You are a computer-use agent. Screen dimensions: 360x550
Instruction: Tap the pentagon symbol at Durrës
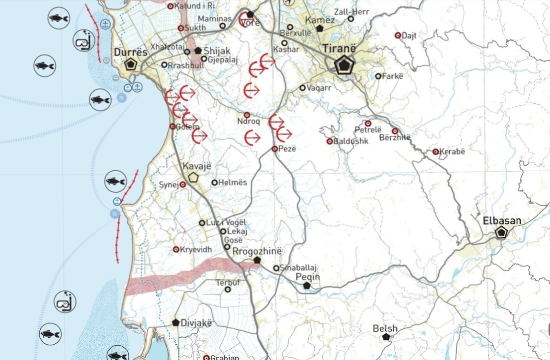click(x=130, y=64)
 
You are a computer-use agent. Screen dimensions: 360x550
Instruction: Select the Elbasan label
click(x=501, y=221)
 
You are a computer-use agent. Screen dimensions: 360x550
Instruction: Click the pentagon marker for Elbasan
click(x=501, y=233)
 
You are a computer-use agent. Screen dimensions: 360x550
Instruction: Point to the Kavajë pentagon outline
click(x=193, y=178)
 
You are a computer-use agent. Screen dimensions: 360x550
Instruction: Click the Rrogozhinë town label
click(x=258, y=251)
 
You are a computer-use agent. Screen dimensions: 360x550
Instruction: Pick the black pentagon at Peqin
click(x=307, y=285)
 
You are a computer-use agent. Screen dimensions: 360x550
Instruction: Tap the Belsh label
click(x=385, y=329)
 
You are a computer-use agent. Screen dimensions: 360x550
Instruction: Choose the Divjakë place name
click(x=196, y=323)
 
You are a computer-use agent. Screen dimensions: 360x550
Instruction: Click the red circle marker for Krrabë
click(x=435, y=151)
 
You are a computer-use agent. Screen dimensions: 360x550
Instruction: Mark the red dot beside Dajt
click(x=398, y=35)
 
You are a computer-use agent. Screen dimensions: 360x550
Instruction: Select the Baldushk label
click(x=351, y=141)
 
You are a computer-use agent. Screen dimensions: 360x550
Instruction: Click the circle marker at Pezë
click(x=275, y=149)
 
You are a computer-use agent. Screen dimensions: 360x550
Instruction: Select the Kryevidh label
click(x=196, y=249)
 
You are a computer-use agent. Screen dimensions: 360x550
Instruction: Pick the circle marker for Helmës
click(x=215, y=182)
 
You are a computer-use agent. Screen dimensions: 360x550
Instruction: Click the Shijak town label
click(x=217, y=51)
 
